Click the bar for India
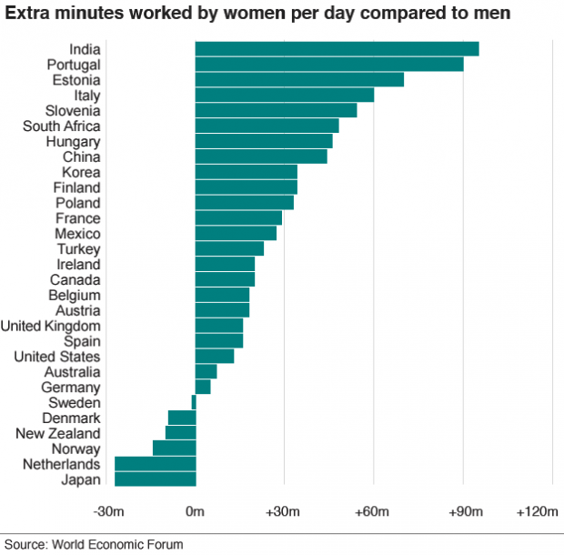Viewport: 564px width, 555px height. [x=337, y=49]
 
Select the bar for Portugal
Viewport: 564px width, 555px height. [x=329, y=65]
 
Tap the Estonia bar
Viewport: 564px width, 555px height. [x=299, y=80]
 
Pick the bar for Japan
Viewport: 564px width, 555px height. [x=155, y=479]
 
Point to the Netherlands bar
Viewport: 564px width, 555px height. [x=155, y=464]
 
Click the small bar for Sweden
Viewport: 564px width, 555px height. [x=194, y=402]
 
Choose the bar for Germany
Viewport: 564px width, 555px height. [x=203, y=387]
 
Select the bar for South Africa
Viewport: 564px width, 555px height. [x=267, y=126]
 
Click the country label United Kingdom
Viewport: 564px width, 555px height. [x=50, y=326]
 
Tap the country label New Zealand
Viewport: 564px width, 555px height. [x=58, y=433]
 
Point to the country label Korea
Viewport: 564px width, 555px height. [x=81, y=172]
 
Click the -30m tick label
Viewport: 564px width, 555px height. [x=108, y=513]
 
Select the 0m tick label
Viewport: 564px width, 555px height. [x=195, y=513]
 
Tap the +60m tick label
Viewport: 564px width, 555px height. [x=373, y=513]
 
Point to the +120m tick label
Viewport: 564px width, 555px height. [x=537, y=513]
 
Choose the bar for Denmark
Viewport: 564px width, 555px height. [x=182, y=418]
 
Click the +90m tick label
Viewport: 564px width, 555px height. [x=463, y=513]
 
